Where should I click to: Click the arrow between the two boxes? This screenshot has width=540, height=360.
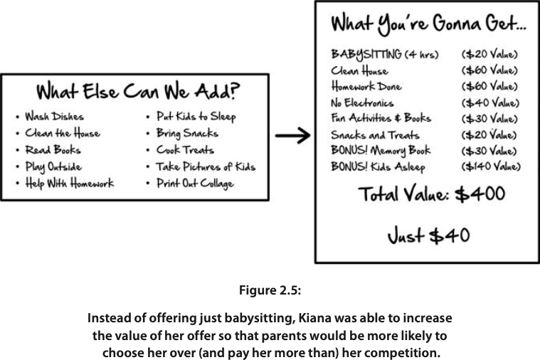tap(292, 135)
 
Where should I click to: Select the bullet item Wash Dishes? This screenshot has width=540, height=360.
tap(54, 117)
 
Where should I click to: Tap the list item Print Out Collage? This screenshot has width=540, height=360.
tap(195, 183)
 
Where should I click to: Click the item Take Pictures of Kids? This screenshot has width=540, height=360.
tap(206, 166)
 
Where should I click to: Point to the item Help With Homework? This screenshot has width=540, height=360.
tap(69, 183)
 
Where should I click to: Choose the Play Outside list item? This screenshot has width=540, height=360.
tap(53, 166)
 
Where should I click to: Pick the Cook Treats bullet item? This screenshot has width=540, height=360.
tap(185, 149)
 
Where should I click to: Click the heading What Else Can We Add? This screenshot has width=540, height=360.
tap(138, 91)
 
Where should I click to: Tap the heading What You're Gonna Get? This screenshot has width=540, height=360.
tap(428, 24)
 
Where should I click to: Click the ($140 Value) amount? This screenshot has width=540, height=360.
tap(491, 166)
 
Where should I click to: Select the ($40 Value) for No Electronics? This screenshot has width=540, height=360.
tap(490, 102)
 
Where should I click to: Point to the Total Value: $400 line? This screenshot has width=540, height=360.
tap(432, 194)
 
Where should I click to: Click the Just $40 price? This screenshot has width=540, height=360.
tap(429, 236)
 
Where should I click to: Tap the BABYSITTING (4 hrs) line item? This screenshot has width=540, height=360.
tap(385, 55)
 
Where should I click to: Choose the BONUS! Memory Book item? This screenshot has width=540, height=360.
tap(381, 151)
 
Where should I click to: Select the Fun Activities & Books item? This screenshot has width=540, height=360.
tap(381, 118)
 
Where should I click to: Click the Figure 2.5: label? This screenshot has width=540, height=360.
tap(270, 290)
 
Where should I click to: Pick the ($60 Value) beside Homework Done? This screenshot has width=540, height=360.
tap(489, 86)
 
